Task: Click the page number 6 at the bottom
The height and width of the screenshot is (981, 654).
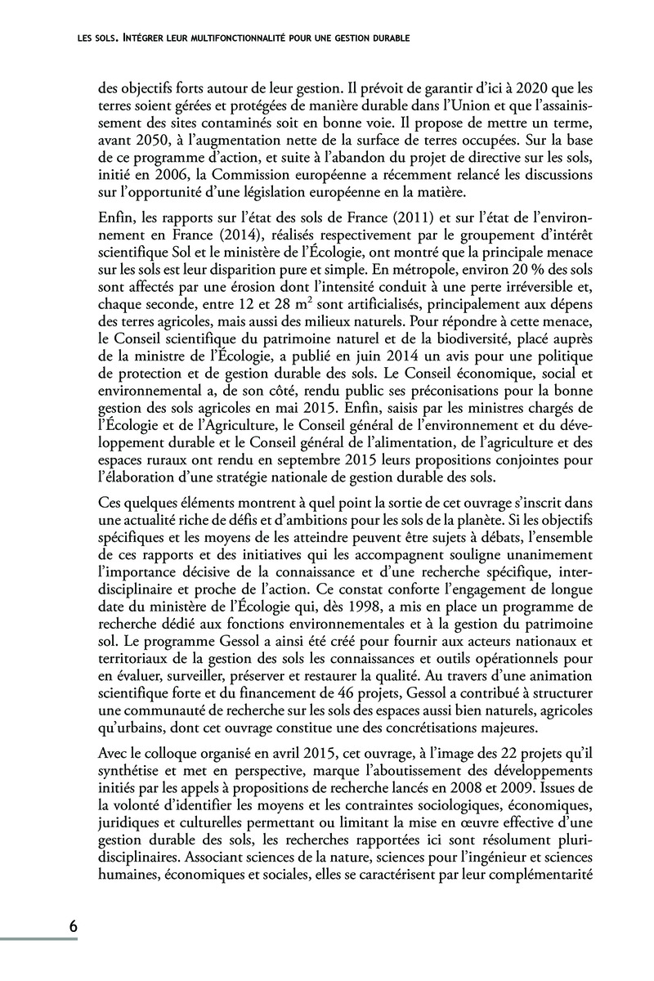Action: coord(73,926)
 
